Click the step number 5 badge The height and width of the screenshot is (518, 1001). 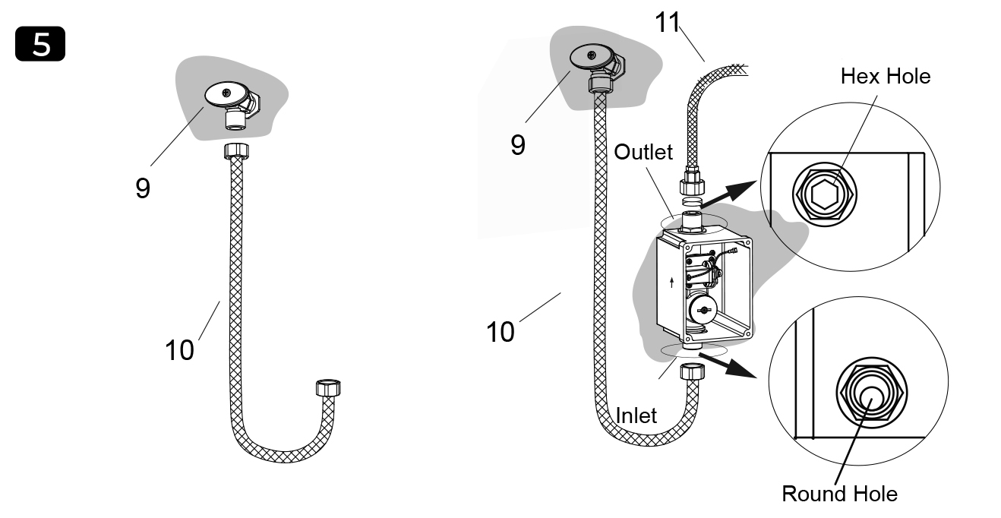[40, 45]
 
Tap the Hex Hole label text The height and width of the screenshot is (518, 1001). [885, 76]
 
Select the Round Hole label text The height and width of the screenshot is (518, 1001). [839, 494]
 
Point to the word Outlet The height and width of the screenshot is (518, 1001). [643, 152]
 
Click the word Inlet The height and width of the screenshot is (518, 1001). [636, 415]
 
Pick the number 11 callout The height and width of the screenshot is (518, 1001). [668, 24]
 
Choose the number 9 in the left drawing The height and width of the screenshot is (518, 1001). [142, 187]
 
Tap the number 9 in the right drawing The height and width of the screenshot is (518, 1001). [517, 144]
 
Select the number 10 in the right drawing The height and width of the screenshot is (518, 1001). [500, 331]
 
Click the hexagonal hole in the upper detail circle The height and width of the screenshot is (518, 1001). [823, 195]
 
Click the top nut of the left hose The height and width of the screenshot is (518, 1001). [237, 151]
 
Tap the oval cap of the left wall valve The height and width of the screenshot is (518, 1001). [226, 94]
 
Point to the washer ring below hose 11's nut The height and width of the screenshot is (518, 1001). [691, 201]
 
